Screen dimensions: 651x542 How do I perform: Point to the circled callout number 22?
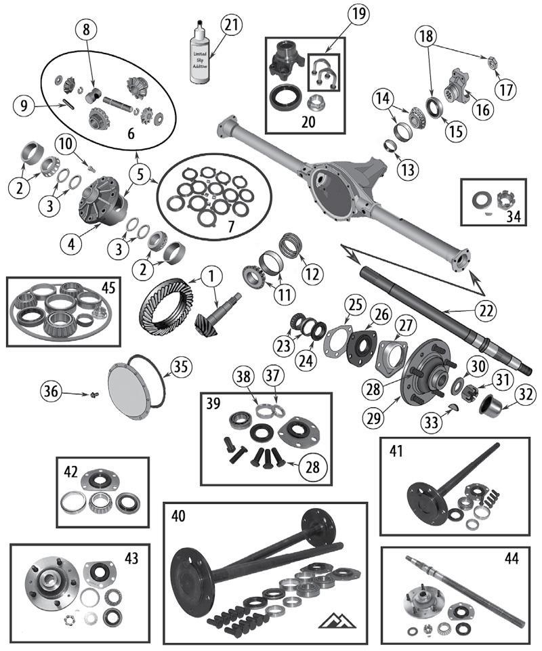pyautogui.click(x=486, y=310)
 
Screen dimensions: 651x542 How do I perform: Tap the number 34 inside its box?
pyautogui.click(x=514, y=215)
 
